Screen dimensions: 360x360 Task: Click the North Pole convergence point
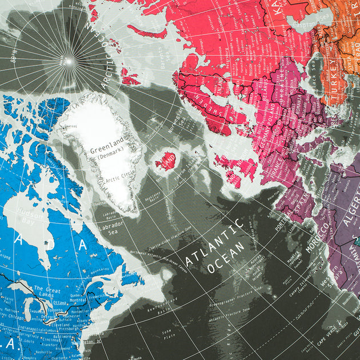pos(66,61)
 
